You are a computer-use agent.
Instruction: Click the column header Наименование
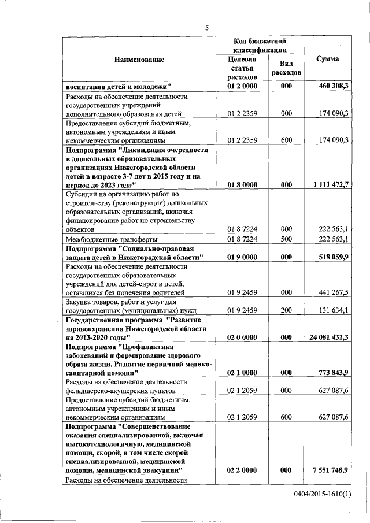click(139, 60)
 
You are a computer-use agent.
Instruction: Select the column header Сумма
click(328, 59)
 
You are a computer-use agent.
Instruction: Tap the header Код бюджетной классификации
click(260, 46)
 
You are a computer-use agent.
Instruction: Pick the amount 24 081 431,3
click(327, 336)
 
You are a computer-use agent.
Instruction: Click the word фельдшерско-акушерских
click(105, 391)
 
